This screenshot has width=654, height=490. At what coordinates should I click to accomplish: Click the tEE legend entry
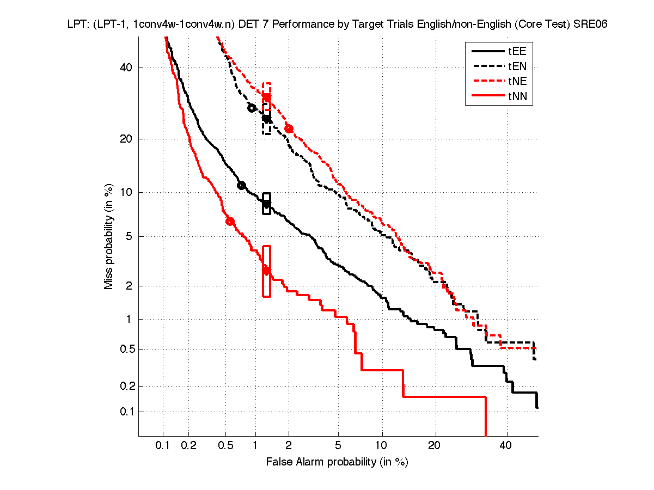(517, 52)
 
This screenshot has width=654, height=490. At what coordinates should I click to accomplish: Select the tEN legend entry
(517, 67)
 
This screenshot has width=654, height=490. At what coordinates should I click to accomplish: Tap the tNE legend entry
(517, 82)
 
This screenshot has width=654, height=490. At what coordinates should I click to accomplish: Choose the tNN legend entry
(517, 97)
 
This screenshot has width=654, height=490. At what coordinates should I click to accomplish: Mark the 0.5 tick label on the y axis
(125, 349)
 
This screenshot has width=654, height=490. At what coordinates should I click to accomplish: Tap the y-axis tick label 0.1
(125, 412)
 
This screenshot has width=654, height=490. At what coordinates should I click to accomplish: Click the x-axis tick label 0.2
(189, 446)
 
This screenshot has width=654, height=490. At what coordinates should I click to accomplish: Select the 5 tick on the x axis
(338, 446)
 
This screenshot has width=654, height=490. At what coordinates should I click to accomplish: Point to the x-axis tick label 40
(506, 446)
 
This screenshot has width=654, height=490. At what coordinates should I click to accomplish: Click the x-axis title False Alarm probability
(337, 462)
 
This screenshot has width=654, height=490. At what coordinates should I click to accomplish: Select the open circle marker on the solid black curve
(241, 186)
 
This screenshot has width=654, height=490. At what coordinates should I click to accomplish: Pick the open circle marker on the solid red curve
(230, 221)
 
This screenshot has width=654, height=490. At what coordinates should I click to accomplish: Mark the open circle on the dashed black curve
(252, 108)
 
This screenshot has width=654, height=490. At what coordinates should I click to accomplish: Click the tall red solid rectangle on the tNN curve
(266, 271)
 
